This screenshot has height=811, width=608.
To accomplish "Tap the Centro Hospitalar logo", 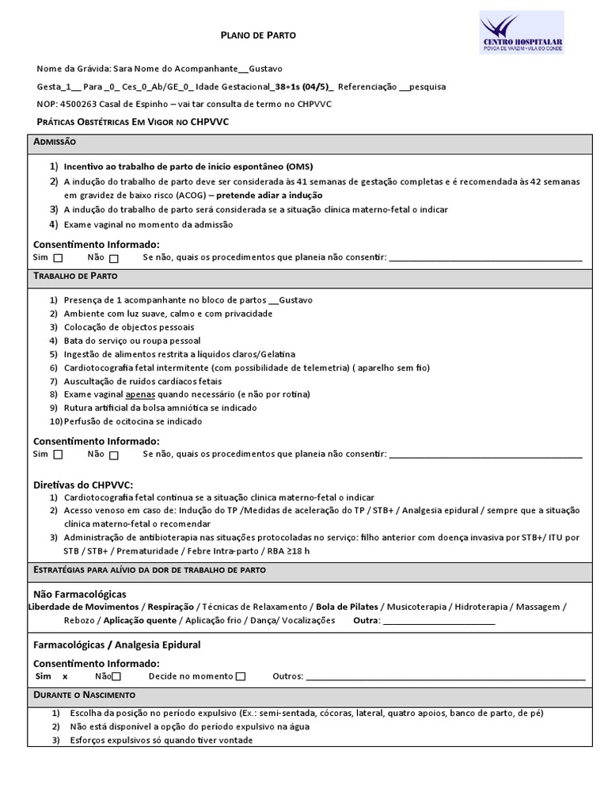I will (x=522, y=32).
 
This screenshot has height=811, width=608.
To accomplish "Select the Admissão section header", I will (x=55, y=141).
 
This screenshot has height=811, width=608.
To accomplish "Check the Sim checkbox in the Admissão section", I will (x=59, y=258).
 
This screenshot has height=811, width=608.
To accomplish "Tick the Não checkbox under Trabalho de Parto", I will (x=114, y=455).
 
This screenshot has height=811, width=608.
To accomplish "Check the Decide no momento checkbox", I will (x=241, y=676).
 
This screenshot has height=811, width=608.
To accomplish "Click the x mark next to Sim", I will (x=65, y=676).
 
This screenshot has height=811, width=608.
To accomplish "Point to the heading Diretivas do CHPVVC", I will (x=83, y=484).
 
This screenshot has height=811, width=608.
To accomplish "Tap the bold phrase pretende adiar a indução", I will (x=269, y=195).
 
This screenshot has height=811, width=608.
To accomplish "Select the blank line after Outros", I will (x=445, y=676).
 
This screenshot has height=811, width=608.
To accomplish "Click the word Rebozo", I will (x=79, y=621).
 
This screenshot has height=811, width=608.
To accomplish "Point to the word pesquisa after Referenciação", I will (x=428, y=86).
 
